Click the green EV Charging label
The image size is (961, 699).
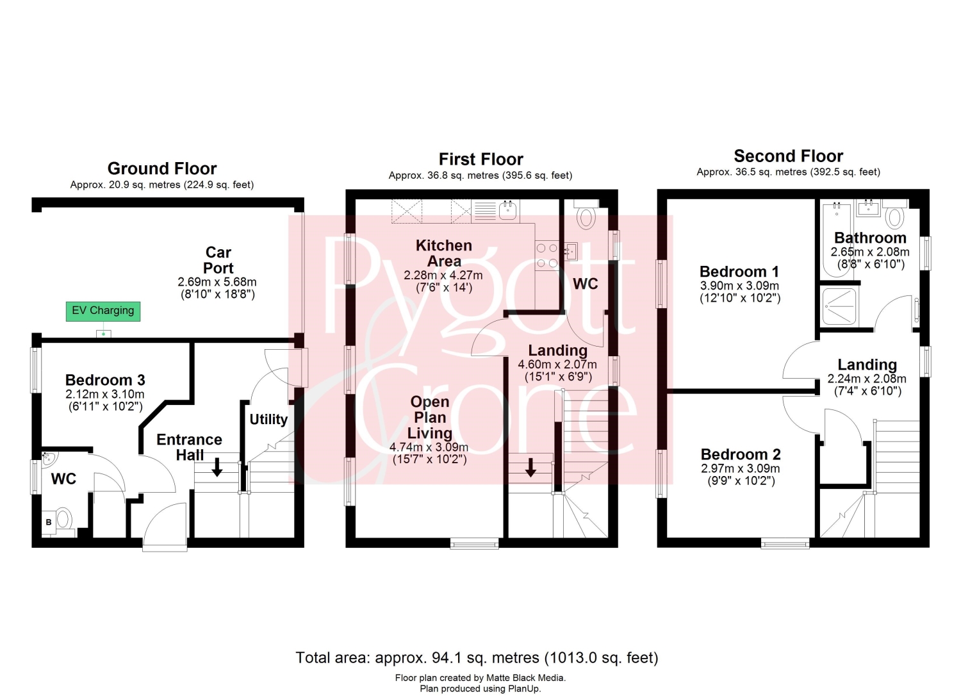pyautogui.click(x=103, y=311)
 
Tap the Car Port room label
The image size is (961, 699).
pyautogui.click(x=218, y=260)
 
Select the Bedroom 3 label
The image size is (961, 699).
pyautogui.click(x=105, y=380)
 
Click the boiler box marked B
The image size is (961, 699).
pyautogui.click(x=49, y=522)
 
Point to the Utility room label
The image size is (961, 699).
pyautogui.click(x=268, y=419)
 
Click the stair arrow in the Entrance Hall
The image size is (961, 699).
pyautogui.click(x=217, y=467)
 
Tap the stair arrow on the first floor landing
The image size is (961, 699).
pyautogui.click(x=530, y=467)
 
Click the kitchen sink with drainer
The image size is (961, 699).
pyautogui.click(x=495, y=211)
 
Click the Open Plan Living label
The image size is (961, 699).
pyautogui.click(x=430, y=417)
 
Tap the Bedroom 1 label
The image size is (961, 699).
pyautogui.click(x=739, y=271)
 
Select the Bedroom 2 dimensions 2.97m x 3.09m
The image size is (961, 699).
pyautogui.click(x=741, y=468)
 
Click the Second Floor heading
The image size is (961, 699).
pyautogui.click(x=789, y=156)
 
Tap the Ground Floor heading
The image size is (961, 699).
pyautogui.click(x=162, y=169)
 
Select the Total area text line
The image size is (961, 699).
pyautogui.click(x=477, y=658)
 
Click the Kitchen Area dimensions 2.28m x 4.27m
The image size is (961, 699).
pyautogui.click(x=443, y=275)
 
